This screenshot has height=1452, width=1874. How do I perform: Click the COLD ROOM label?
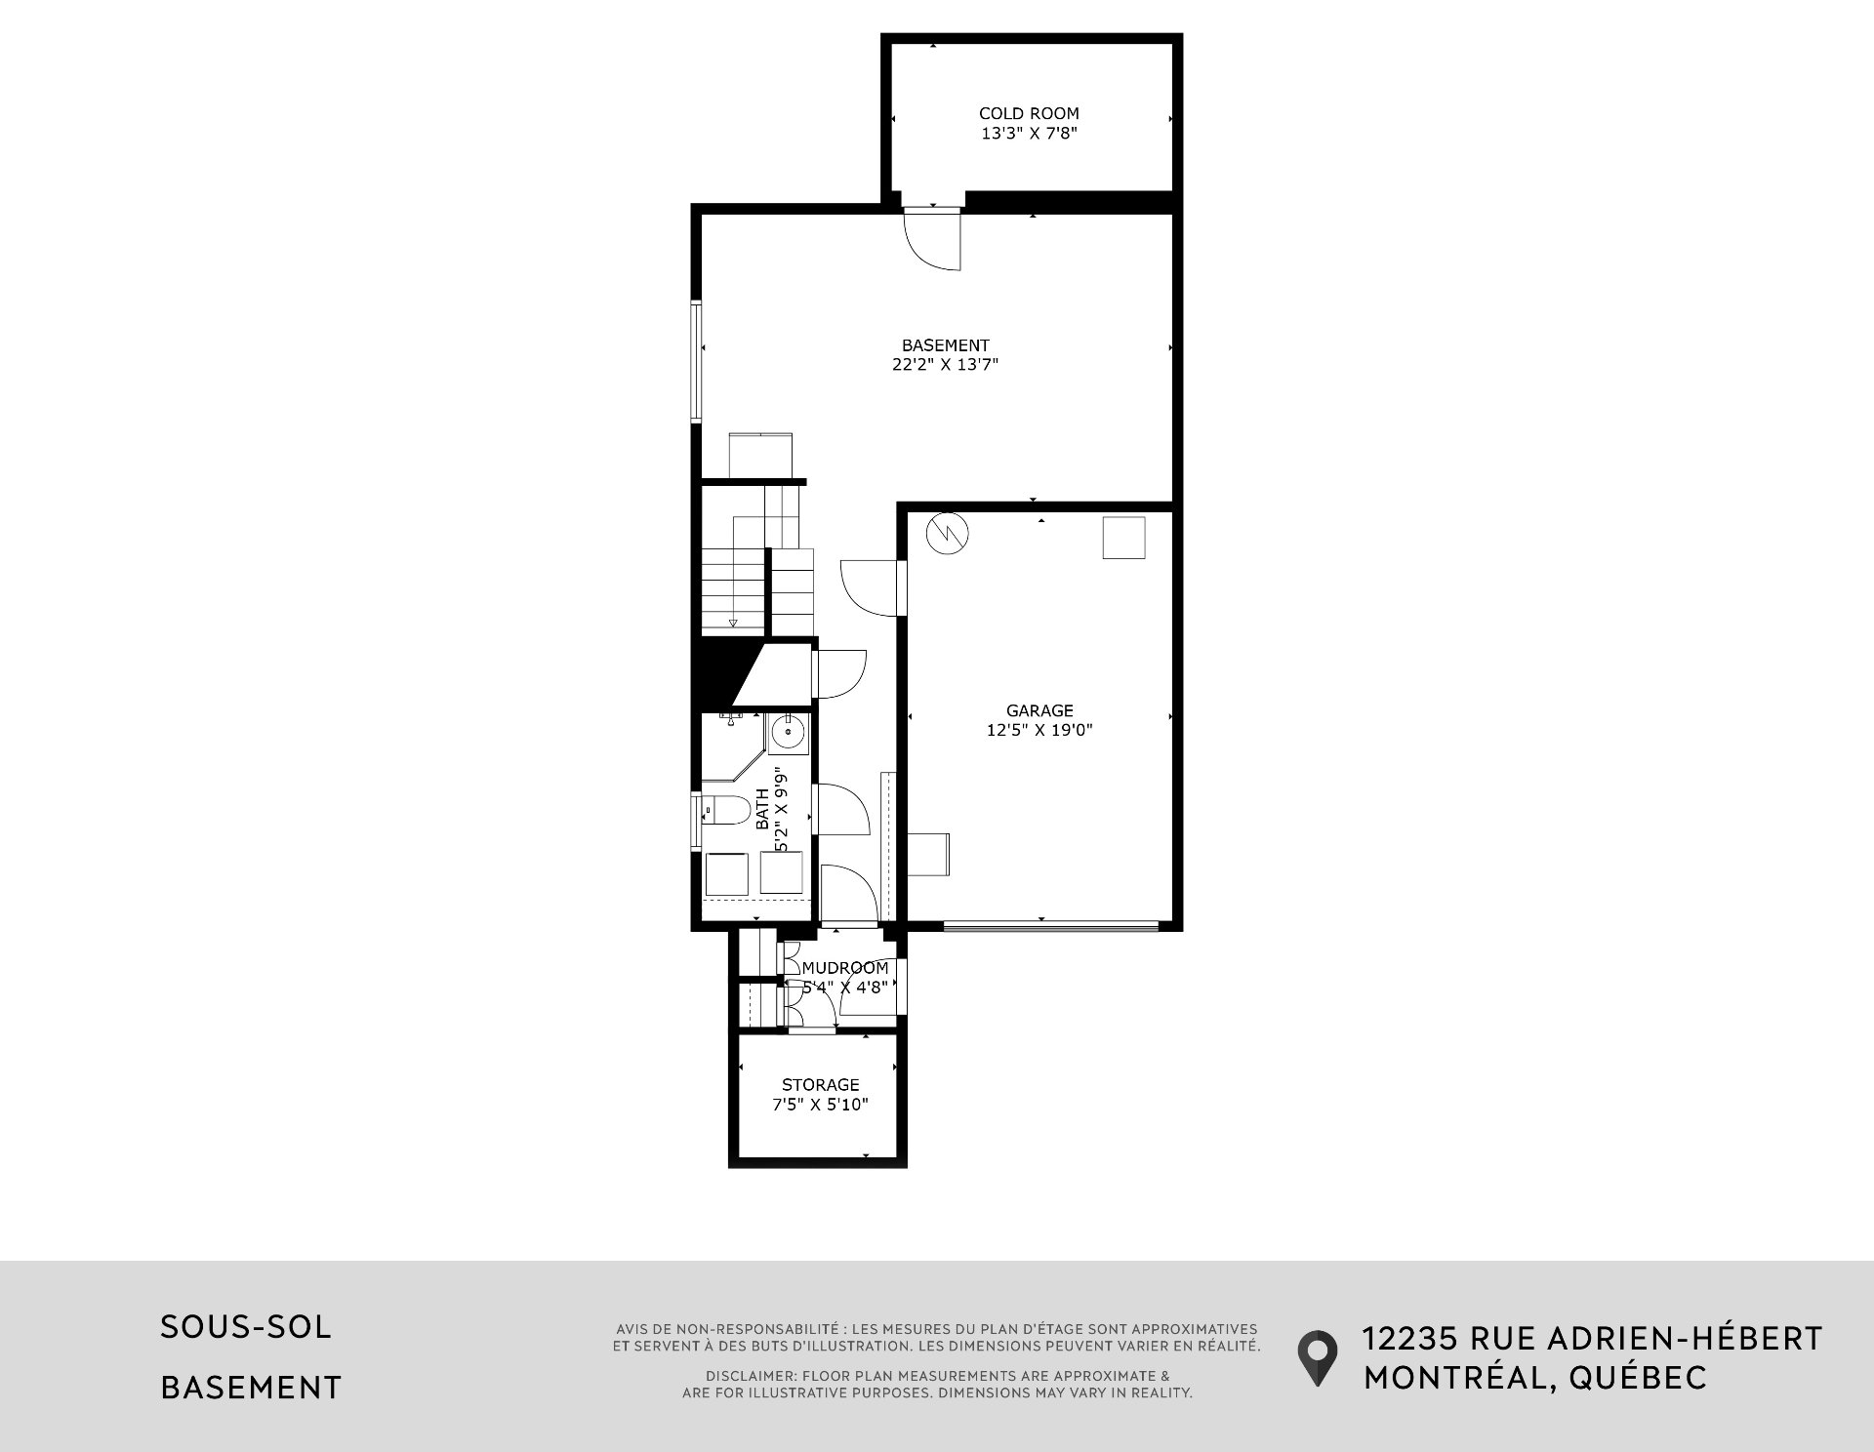(1029, 113)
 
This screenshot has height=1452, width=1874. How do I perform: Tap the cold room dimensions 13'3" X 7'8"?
(1029, 134)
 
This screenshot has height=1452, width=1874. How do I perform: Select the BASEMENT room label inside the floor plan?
(945, 345)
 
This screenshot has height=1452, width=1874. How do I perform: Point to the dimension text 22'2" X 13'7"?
(945, 365)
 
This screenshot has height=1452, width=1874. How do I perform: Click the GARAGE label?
(1039, 710)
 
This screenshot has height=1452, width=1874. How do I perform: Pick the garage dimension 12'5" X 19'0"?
(1039, 730)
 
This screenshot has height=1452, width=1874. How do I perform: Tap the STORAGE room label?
(820, 1084)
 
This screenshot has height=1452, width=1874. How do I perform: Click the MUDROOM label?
(845, 968)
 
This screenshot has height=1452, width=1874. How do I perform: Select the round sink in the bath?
(787, 730)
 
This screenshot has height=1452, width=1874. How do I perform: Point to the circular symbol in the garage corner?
(948, 533)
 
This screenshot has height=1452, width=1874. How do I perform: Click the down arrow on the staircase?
(733, 623)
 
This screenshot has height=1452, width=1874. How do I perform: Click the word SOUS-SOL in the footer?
(246, 1327)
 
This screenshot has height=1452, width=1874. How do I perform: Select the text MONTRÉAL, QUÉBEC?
(1535, 1378)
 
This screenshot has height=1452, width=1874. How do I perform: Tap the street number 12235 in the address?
(1410, 1338)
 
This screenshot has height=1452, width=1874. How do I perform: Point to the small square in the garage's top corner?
(1123, 538)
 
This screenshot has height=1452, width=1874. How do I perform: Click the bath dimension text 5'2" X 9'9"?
(781, 810)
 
